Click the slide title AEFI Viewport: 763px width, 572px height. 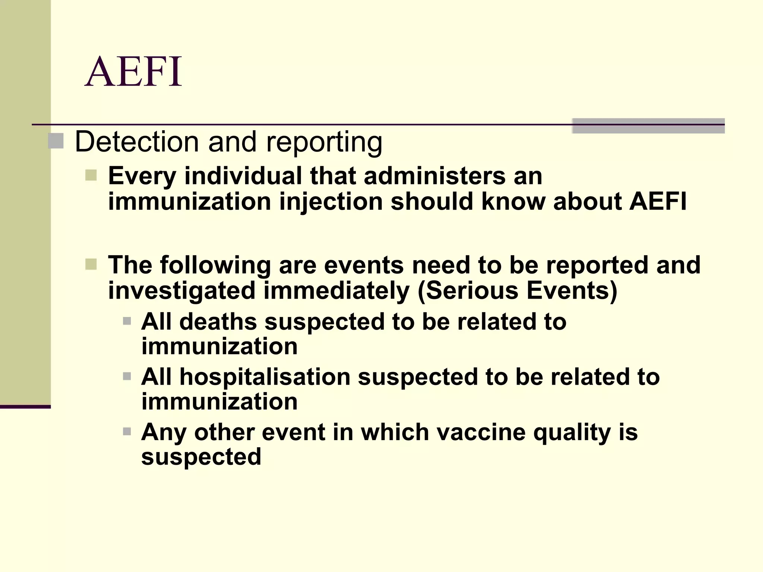click(133, 71)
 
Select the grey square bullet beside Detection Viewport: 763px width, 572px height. click(56, 141)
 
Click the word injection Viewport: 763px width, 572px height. click(331, 202)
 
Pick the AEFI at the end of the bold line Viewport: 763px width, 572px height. click(658, 201)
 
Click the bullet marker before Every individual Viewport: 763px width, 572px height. click(91, 175)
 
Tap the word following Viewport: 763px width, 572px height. click(216, 265)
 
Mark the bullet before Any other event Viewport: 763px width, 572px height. click(127, 432)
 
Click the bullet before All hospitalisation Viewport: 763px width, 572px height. click(127, 376)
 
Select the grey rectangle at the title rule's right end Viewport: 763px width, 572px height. click(648, 126)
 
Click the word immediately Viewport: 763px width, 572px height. click(337, 291)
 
